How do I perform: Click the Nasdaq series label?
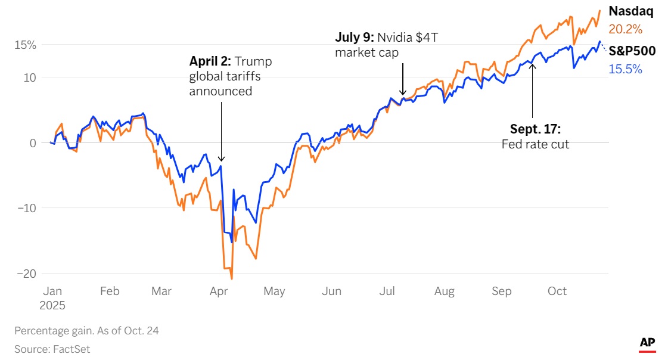(x=630, y=11)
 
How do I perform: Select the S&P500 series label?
(x=632, y=51)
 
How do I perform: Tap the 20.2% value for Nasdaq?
(x=625, y=29)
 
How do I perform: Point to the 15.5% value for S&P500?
(x=625, y=69)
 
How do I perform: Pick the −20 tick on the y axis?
(x=27, y=273)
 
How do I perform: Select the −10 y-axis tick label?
(x=27, y=208)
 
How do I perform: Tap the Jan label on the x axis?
(x=52, y=291)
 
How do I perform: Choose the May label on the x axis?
(x=274, y=291)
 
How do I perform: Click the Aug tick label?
(x=445, y=291)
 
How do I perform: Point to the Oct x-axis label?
(x=557, y=291)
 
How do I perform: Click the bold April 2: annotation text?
(x=210, y=61)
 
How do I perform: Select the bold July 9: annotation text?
(x=355, y=38)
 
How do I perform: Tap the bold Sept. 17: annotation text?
(x=535, y=129)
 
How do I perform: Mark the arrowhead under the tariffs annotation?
(x=222, y=159)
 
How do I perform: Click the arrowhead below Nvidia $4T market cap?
(x=403, y=94)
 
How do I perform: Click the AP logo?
(x=647, y=343)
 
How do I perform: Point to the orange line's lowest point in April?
(x=231, y=278)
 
